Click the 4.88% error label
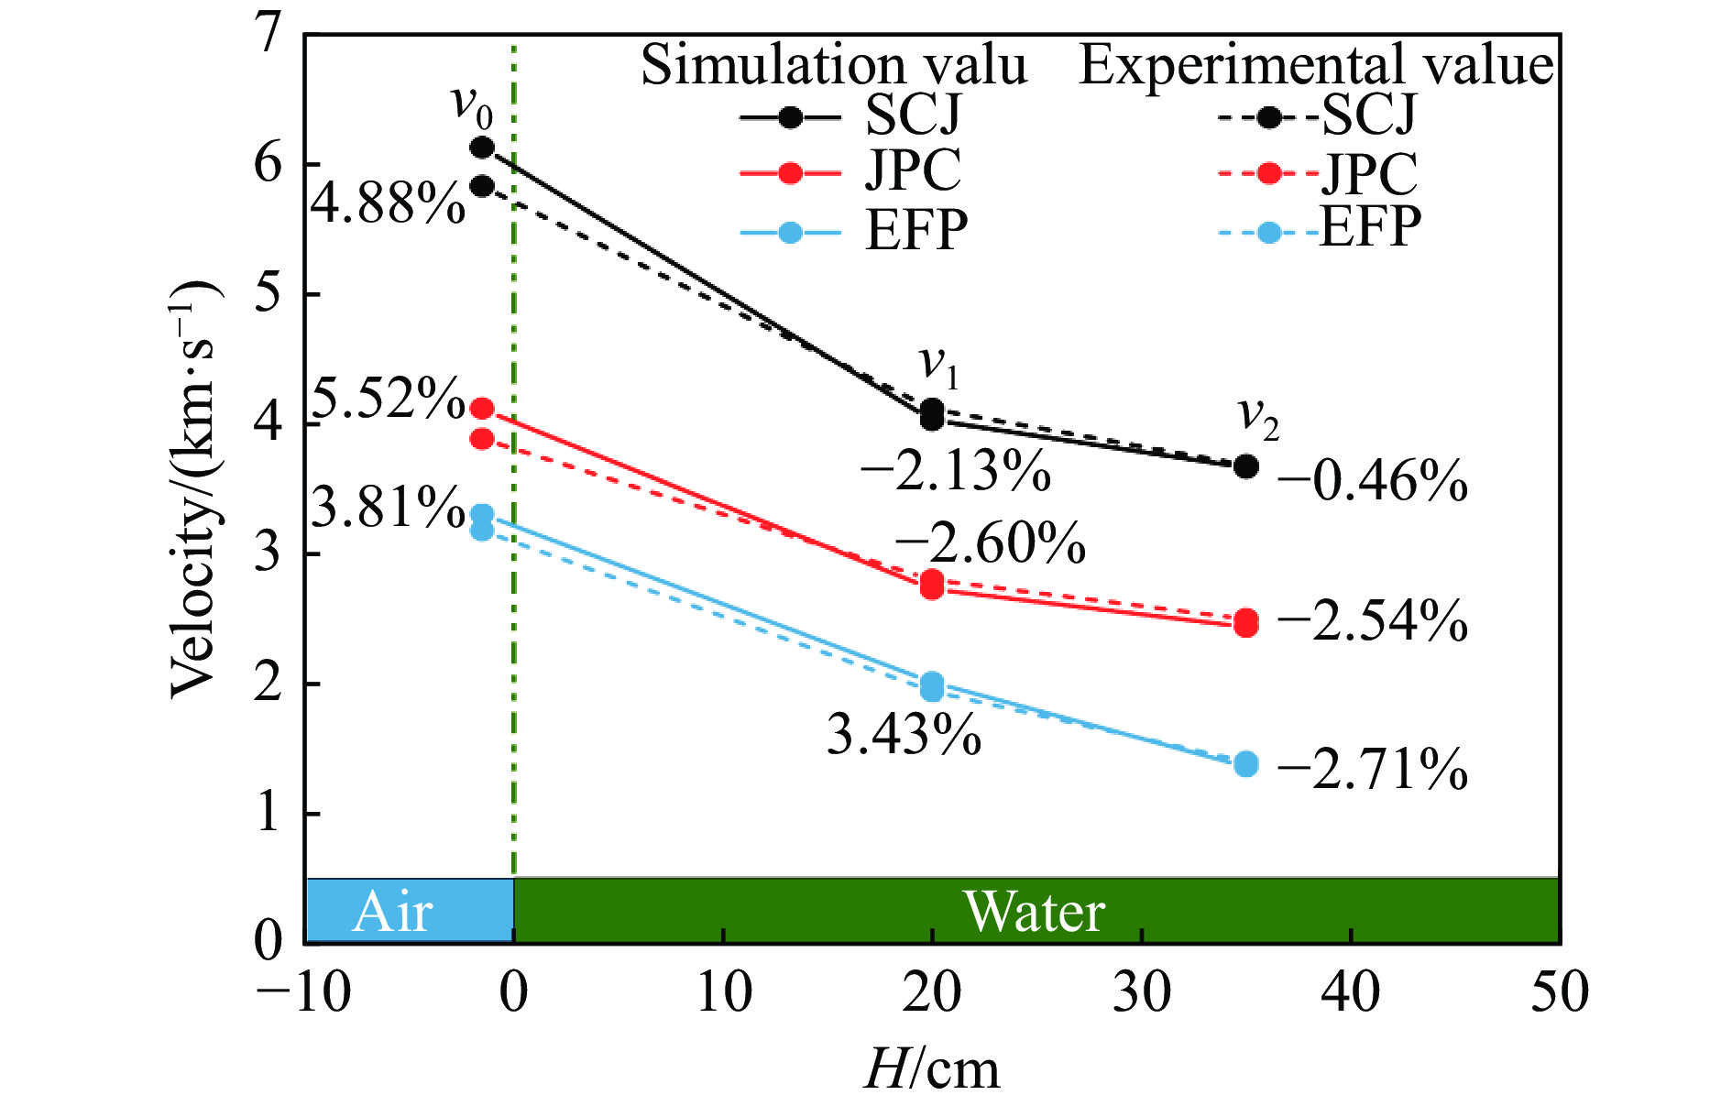click(388, 203)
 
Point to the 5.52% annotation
click(388, 399)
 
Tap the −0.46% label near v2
click(1372, 480)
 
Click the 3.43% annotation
click(904, 734)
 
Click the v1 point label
click(938, 365)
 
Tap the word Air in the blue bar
click(392, 911)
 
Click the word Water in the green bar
click(1035, 911)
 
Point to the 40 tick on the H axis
click(1351, 991)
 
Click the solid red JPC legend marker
click(790, 172)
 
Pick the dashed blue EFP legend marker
click(1268, 232)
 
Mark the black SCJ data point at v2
click(1245, 466)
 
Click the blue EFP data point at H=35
click(1245, 763)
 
